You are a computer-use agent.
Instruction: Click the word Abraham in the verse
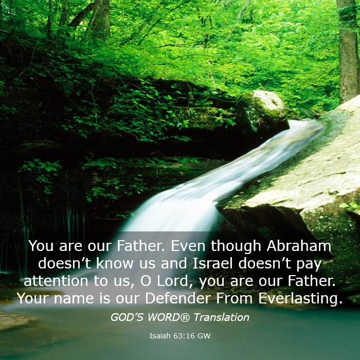click(299, 246)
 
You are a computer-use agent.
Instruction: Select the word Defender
click(178, 298)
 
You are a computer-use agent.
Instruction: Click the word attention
click(56, 281)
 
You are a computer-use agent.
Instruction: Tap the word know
click(115, 263)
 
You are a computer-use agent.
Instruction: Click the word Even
click(188, 246)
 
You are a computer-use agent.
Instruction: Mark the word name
click(74, 299)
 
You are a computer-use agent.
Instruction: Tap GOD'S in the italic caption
click(127, 317)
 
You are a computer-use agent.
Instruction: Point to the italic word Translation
click(221, 317)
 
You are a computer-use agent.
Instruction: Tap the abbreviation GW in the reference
click(204, 336)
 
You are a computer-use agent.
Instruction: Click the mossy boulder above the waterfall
click(262, 113)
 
